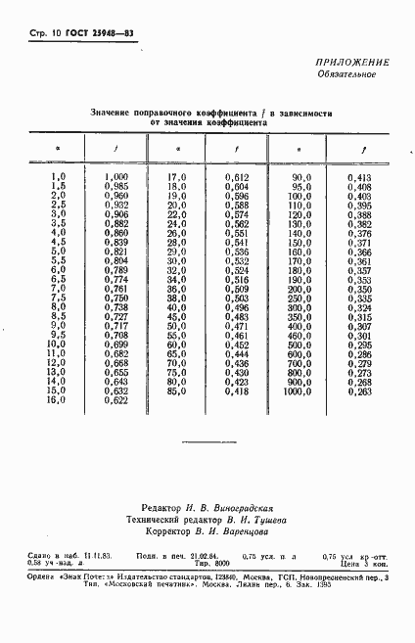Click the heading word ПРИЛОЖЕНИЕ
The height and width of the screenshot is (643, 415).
point(353,63)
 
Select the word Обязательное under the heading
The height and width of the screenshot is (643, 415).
point(352,75)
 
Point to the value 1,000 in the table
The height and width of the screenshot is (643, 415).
point(115,175)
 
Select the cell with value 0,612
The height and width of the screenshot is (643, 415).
point(237,175)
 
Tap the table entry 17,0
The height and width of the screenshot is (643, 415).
point(176,175)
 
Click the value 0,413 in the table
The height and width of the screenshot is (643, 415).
point(359,175)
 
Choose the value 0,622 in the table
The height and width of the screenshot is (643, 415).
point(115,400)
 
